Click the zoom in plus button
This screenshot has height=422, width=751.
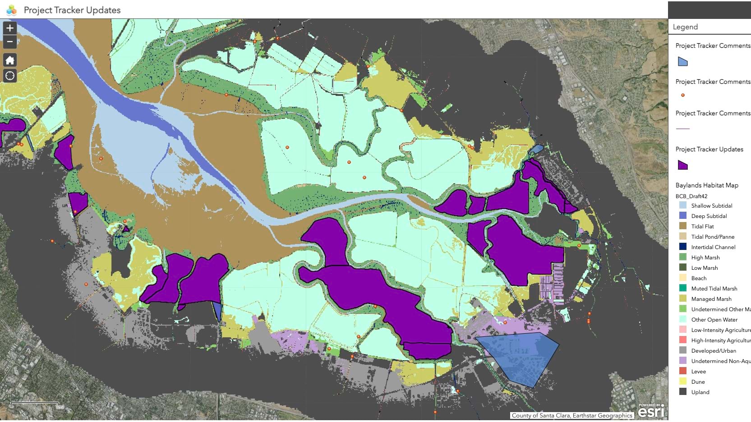click(10, 28)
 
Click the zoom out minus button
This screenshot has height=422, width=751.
click(10, 42)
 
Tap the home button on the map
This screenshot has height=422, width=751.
click(10, 60)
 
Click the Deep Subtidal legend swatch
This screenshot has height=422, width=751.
click(683, 216)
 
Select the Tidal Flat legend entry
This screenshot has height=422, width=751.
click(702, 227)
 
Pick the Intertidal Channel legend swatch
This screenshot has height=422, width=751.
click(683, 247)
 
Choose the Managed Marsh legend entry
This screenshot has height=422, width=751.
click(711, 299)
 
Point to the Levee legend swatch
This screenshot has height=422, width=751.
click(683, 371)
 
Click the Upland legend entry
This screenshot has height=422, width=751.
click(700, 392)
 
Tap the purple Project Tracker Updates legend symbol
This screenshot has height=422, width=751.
click(683, 165)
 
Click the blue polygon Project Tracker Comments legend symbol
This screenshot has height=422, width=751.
click(683, 62)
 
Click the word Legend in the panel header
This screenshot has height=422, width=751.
click(685, 27)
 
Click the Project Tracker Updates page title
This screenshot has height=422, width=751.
click(72, 10)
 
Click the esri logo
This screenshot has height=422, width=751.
click(651, 411)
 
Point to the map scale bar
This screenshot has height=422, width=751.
click(35, 404)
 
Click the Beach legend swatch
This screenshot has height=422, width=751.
click(683, 278)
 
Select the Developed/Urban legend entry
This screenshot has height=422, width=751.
click(713, 351)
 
